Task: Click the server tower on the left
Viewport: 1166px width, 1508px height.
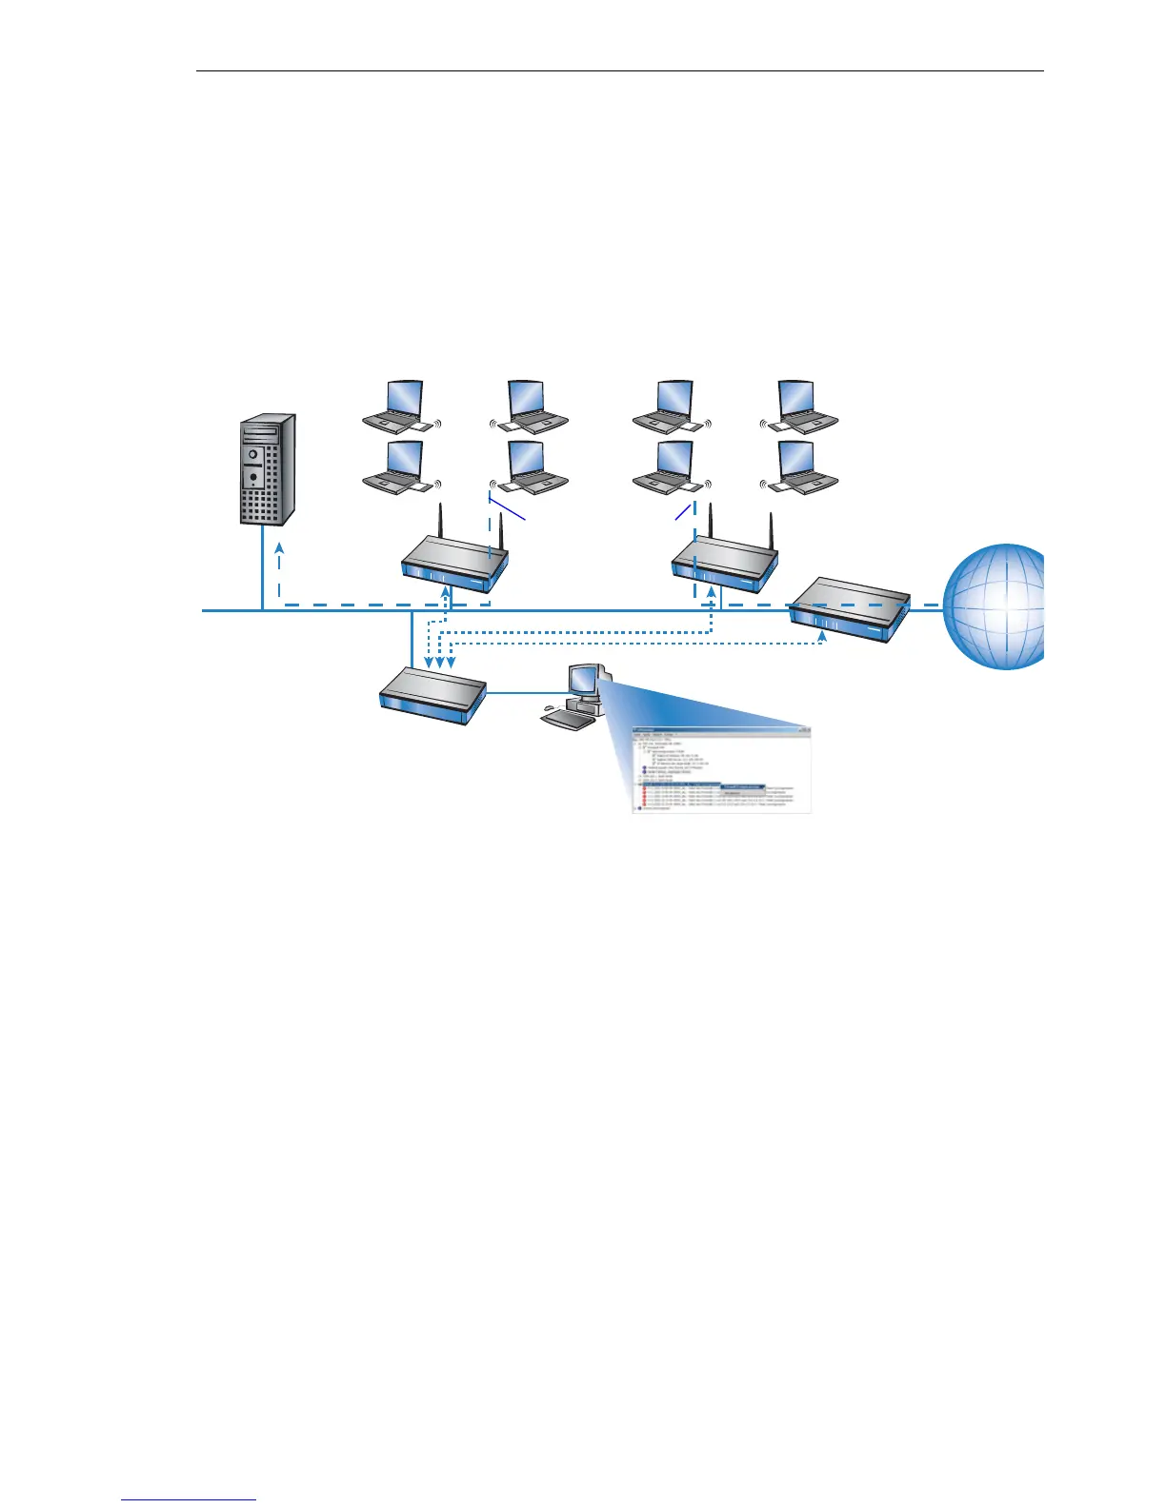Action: pyautogui.click(x=266, y=469)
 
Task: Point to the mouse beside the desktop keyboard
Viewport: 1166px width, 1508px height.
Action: pyautogui.click(x=546, y=709)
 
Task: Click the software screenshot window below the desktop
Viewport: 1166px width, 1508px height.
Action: pyautogui.click(x=721, y=770)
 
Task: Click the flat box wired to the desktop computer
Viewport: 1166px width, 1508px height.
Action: pyautogui.click(x=432, y=695)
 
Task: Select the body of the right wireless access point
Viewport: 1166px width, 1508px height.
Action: pyautogui.click(x=724, y=565)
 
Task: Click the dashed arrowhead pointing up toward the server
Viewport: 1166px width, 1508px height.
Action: pyautogui.click(x=279, y=548)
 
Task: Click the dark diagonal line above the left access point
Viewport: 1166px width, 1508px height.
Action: pyautogui.click(x=507, y=506)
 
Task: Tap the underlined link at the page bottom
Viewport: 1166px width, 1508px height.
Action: pyautogui.click(x=190, y=1499)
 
